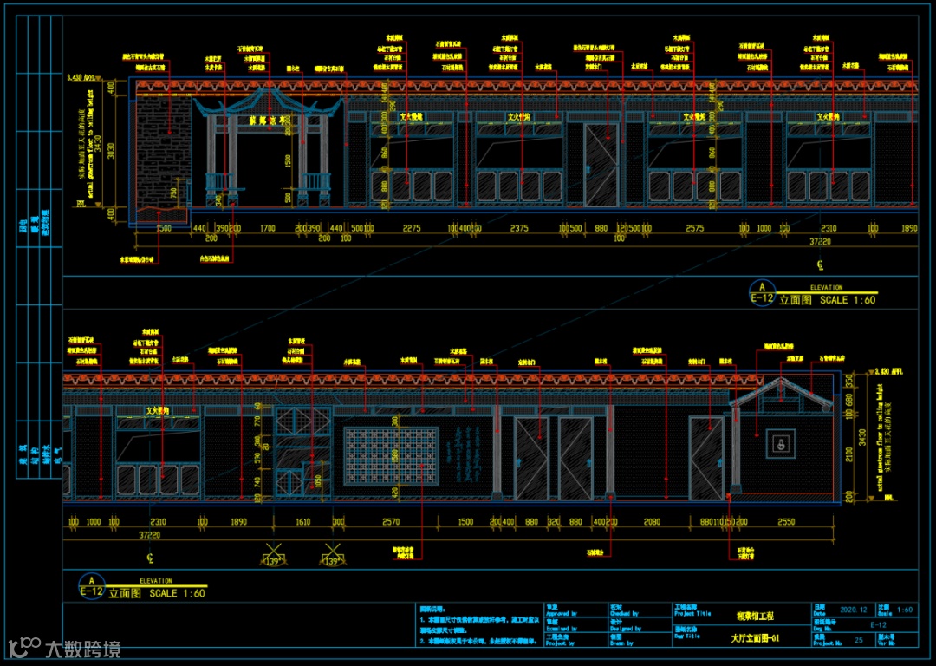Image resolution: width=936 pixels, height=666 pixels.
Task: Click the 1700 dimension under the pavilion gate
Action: [x=267, y=228]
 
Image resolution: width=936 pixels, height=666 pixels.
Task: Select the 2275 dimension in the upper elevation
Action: [x=412, y=228]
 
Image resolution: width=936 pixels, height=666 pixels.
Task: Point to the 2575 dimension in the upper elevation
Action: [x=694, y=228]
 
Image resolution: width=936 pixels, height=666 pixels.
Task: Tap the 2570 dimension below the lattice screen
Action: [x=391, y=522]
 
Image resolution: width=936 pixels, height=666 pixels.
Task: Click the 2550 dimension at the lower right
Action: [x=785, y=522]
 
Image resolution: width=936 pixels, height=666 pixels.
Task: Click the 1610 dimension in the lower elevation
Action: [x=302, y=522]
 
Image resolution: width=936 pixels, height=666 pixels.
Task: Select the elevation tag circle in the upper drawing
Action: [x=762, y=288]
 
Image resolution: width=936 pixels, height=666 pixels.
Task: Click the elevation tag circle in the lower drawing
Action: [x=91, y=581]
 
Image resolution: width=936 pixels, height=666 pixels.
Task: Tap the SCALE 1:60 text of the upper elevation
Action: [x=848, y=300]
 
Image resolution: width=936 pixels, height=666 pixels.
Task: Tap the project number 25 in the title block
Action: [x=858, y=639]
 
